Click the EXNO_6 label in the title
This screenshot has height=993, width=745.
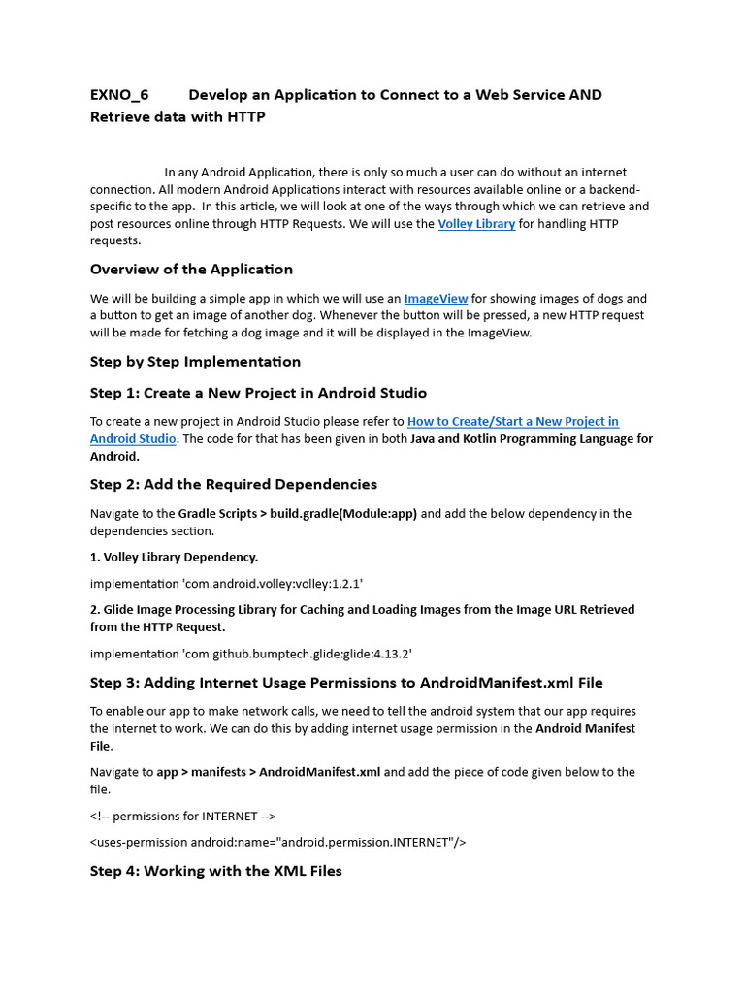pyautogui.click(x=119, y=94)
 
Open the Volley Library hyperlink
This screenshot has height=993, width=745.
pyautogui.click(x=476, y=224)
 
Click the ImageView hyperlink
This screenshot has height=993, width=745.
pyautogui.click(x=436, y=299)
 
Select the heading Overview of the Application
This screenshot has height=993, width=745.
pyautogui.click(x=191, y=269)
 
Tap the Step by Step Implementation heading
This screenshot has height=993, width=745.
pyautogui.click(x=195, y=361)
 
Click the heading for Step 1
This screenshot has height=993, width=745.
pyautogui.click(x=258, y=393)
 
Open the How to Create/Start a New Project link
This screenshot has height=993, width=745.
pyautogui.click(x=512, y=422)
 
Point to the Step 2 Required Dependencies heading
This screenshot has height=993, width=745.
pyautogui.click(x=233, y=484)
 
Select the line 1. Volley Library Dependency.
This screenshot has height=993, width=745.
pyautogui.click(x=174, y=557)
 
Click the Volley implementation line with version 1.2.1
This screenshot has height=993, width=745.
pyautogui.click(x=226, y=584)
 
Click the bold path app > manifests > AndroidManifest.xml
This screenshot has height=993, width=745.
pyautogui.click(x=269, y=772)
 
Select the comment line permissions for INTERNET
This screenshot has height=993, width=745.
pyautogui.click(x=185, y=816)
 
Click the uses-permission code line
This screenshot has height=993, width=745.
pyautogui.click(x=277, y=842)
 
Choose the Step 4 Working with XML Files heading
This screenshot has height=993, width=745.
pyautogui.click(x=215, y=871)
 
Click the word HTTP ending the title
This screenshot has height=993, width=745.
pyautogui.click(x=245, y=117)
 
